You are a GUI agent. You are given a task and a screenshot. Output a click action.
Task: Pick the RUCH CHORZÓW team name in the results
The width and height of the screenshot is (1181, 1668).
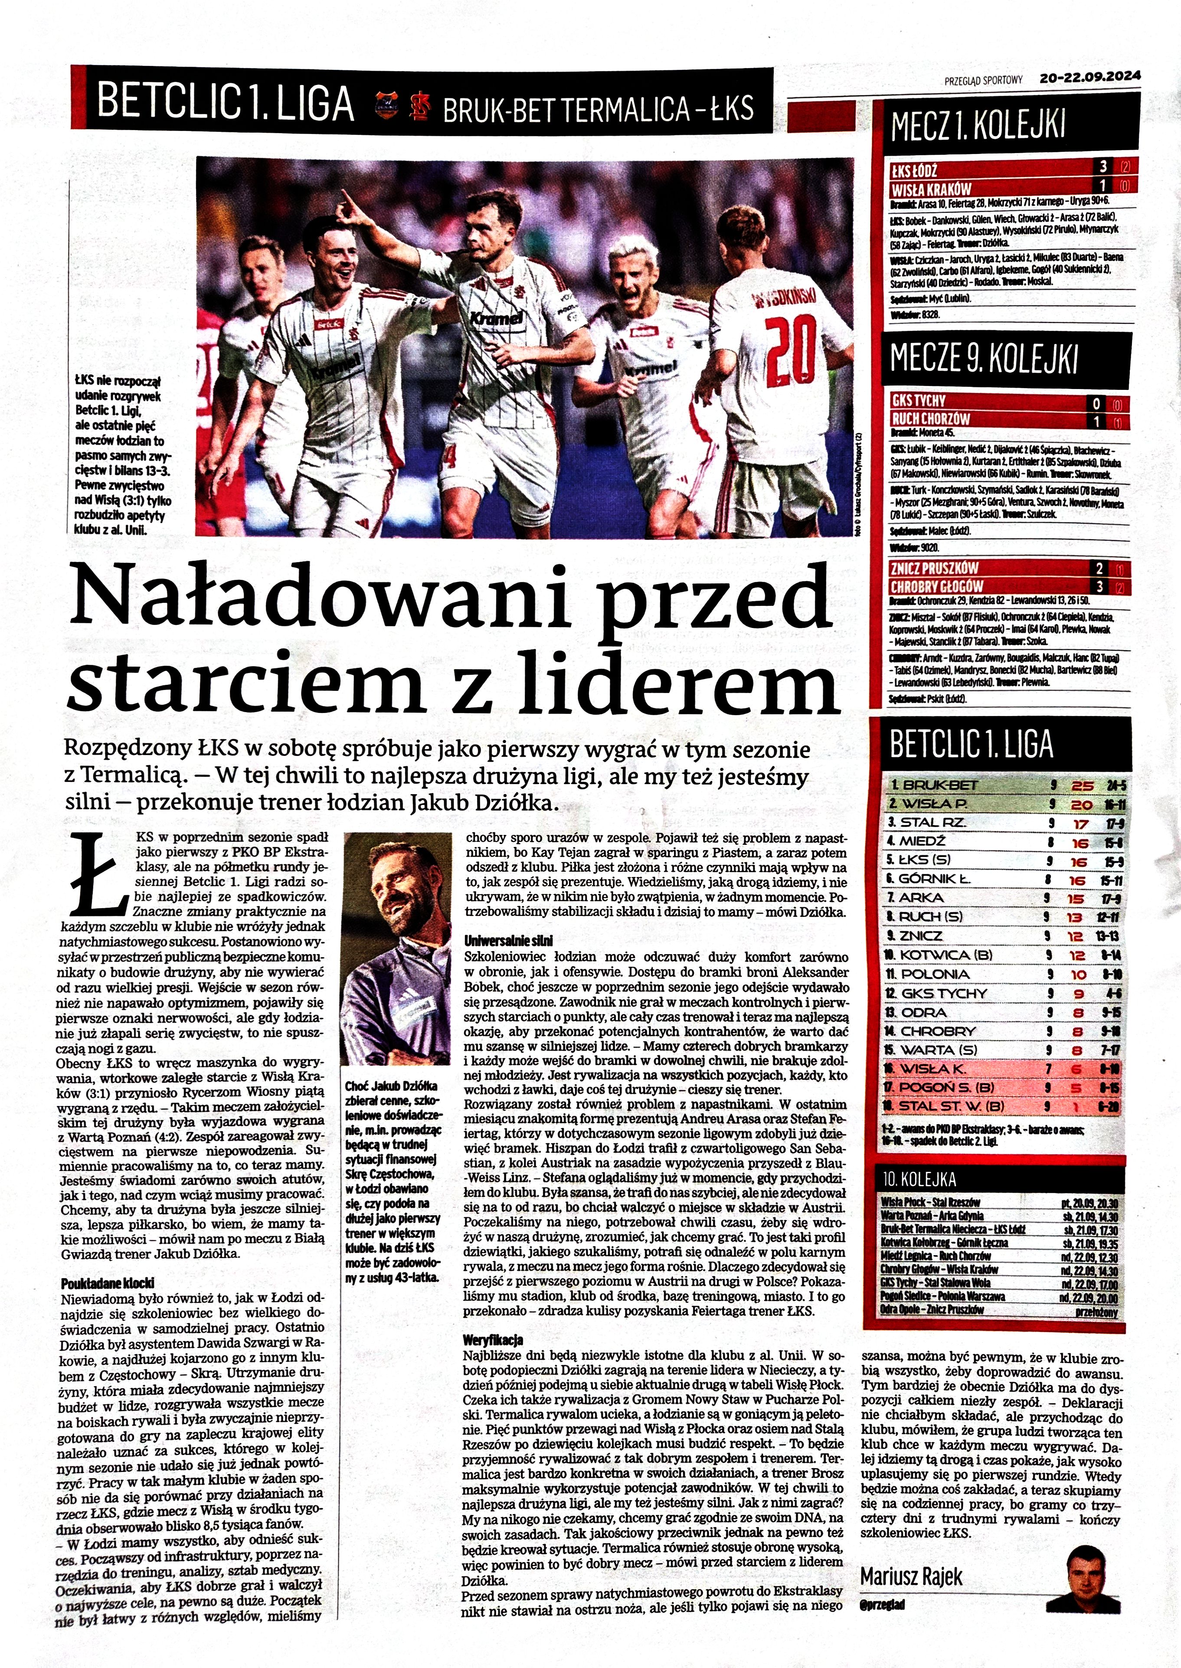coord(930,419)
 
